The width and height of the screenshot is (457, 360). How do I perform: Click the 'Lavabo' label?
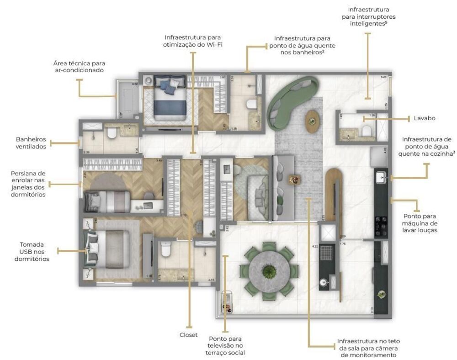tap(424, 118)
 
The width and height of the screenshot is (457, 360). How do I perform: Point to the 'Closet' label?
tap(188, 335)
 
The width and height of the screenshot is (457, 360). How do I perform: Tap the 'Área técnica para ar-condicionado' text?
tap(79, 67)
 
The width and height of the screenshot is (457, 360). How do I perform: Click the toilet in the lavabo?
tap(367, 132)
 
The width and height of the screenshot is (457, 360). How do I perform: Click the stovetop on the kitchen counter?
tap(382, 221)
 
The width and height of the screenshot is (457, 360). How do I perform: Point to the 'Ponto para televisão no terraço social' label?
tap(227, 346)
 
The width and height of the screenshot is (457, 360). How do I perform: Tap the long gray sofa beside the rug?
tap(280, 188)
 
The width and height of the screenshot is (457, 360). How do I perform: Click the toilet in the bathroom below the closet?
tap(166, 249)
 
